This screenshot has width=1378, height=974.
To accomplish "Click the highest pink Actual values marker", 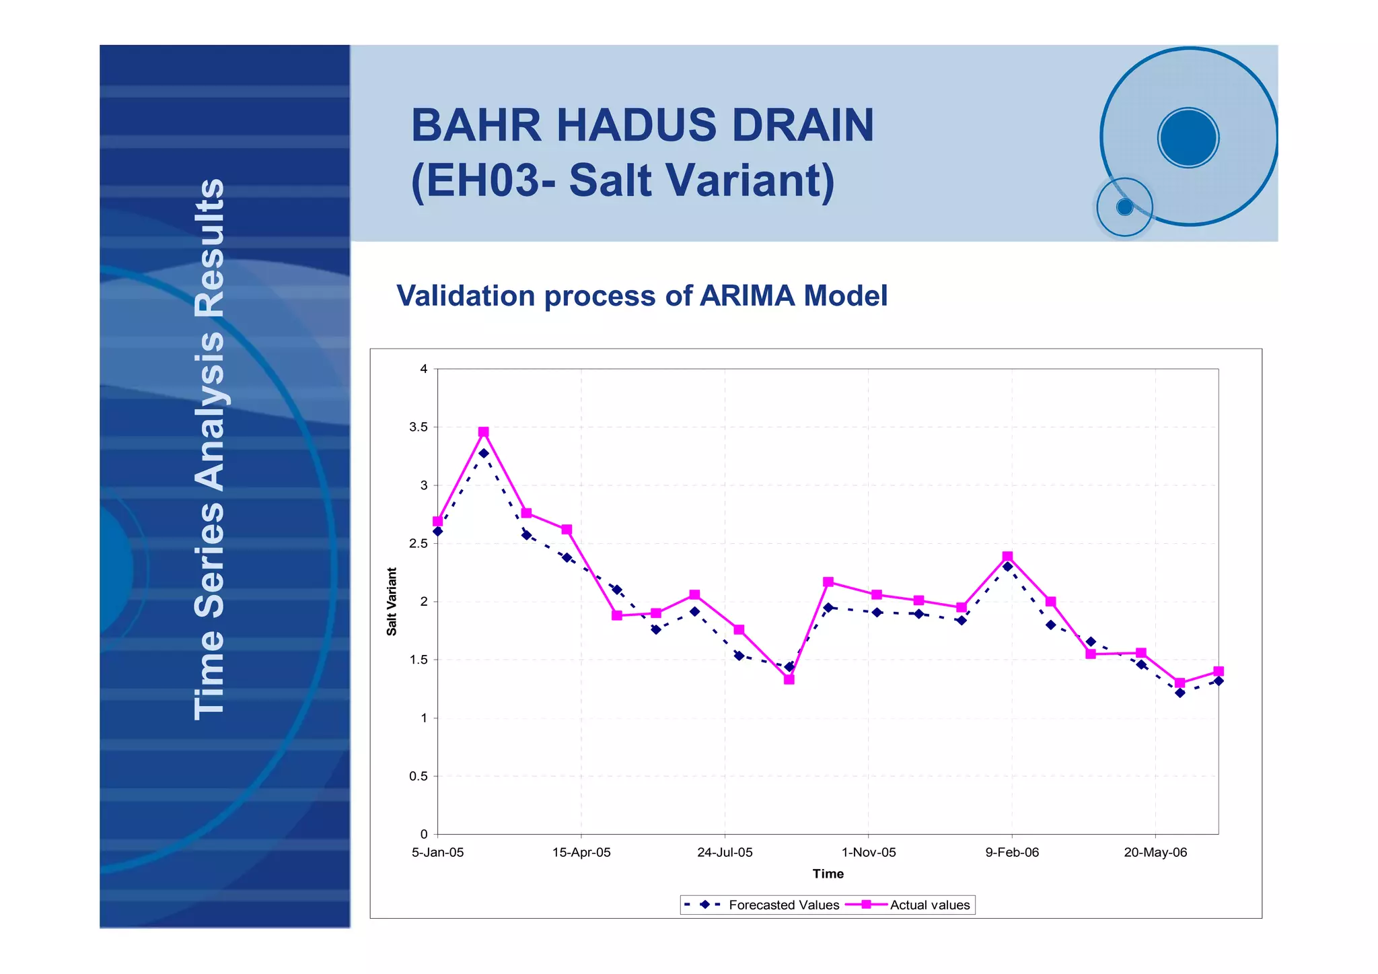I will pos(483,432).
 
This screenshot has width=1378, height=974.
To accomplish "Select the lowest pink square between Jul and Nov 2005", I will pos(789,680).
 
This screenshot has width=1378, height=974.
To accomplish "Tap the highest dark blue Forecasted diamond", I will pos(484,454).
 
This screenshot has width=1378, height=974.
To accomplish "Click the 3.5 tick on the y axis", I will pos(419,427).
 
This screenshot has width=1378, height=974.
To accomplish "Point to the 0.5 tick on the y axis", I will pos(419,776).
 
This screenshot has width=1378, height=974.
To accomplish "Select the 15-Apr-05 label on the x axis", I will pos(581,853).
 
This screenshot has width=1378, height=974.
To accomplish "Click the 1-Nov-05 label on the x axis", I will pos(869,853).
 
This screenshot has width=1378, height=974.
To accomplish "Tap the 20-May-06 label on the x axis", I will pos(1155,853).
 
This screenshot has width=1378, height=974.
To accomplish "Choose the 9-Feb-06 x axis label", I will pos(1012,853).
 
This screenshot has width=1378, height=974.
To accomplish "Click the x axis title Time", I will pos(828,874).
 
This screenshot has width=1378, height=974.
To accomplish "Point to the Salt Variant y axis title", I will pos(392,602).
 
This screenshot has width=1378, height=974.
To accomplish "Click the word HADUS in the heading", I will pos(636,125).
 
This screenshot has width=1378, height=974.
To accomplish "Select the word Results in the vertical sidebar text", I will pos(209,248).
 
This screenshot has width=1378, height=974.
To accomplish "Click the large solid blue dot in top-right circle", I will pos(1188,137).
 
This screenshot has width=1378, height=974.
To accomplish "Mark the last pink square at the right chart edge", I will pos(1219,672).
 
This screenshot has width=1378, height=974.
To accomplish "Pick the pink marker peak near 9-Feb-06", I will pos(1007,557).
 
